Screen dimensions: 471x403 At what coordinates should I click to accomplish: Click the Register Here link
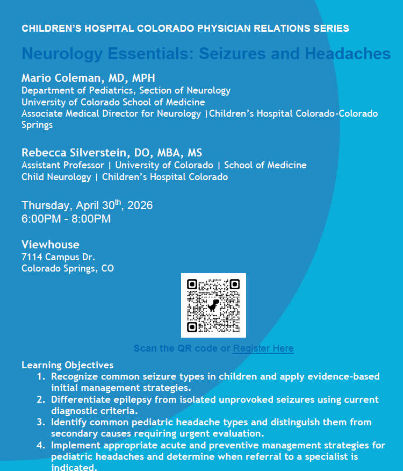(x=263, y=348)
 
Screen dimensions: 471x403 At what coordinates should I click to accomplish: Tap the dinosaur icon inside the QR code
(x=213, y=305)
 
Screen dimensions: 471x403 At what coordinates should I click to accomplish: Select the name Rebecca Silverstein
(x=74, y=152)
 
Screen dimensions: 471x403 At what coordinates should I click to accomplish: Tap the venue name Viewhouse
(x=50, y=245)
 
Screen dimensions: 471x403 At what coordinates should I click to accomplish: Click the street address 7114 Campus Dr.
(x=58, y=257)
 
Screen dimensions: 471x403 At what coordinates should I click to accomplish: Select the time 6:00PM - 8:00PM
(x=66, y=219)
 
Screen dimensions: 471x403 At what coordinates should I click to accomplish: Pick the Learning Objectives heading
(x=67, y=365)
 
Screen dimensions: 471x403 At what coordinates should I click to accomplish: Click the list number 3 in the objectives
(x=41, y=423)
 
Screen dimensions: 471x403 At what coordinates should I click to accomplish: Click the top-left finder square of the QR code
(x=192, y=284)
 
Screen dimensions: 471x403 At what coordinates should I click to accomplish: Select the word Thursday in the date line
(x=45, y=205)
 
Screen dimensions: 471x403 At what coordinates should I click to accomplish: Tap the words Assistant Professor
(x=63, y=165)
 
